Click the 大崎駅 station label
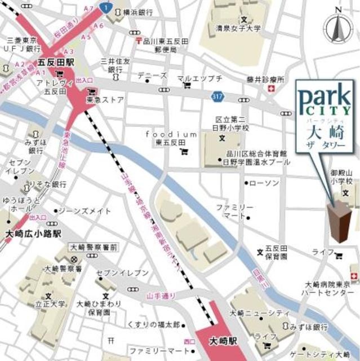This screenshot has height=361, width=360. (x=224, y=342)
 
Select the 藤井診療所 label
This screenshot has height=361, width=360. (x=262, y=80)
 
